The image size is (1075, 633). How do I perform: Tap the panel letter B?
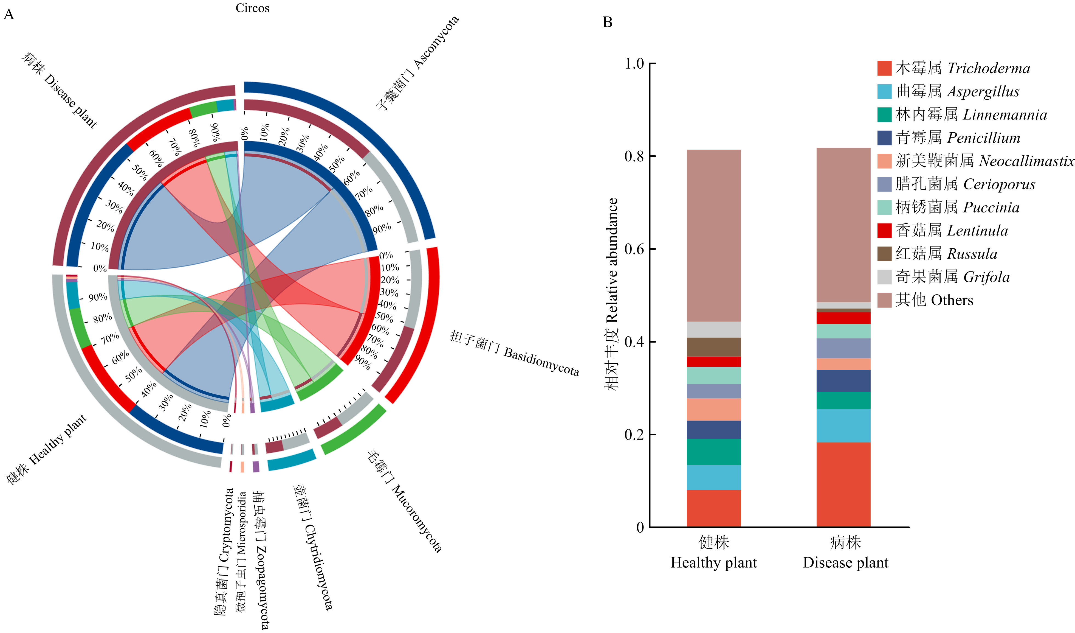(x=608, y=22)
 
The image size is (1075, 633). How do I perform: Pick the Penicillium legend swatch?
(x=884, y=138)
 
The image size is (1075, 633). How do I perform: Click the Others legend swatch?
(x=884, y=300)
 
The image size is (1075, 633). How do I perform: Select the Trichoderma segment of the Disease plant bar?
(x=843, y=484)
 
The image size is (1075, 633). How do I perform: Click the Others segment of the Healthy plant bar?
(x=714, y=236)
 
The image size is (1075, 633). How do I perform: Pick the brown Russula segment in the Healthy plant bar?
(x=714, y=347)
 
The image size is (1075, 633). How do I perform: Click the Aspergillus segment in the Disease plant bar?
(x=843, y=425)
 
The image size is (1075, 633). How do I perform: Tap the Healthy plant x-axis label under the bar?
(x=714, y=552)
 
